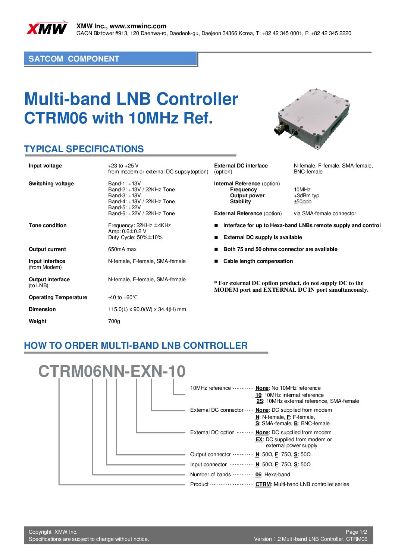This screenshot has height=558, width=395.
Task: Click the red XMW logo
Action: click(47, 28)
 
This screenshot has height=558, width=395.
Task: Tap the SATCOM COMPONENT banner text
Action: click(74, 59)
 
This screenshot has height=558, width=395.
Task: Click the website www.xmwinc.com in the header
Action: click(138, 26)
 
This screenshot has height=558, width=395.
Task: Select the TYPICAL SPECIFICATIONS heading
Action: click(84, 149)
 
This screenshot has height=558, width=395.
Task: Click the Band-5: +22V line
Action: click(124, 207)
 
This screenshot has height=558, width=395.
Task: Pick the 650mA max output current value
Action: click(122, 250)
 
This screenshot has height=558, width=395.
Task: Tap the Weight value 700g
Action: click(114, 322)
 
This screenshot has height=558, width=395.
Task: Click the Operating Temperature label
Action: click(58, 297)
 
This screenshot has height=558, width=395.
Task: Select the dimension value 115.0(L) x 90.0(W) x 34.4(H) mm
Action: click(147, 309)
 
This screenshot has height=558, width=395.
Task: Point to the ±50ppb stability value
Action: click(302, 201)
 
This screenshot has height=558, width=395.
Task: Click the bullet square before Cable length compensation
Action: click(216, 261)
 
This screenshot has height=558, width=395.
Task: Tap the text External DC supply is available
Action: click(263, 237)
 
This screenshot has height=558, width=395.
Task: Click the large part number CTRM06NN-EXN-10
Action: click(112, 371)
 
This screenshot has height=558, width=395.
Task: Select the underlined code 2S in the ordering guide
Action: click(260, 401)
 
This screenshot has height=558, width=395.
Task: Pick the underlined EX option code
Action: click(259, 439)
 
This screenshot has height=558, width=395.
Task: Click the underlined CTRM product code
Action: click(263, 484)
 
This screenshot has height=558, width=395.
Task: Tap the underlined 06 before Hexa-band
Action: click(258, 474)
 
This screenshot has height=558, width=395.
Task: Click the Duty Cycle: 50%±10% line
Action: click(135, 237)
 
